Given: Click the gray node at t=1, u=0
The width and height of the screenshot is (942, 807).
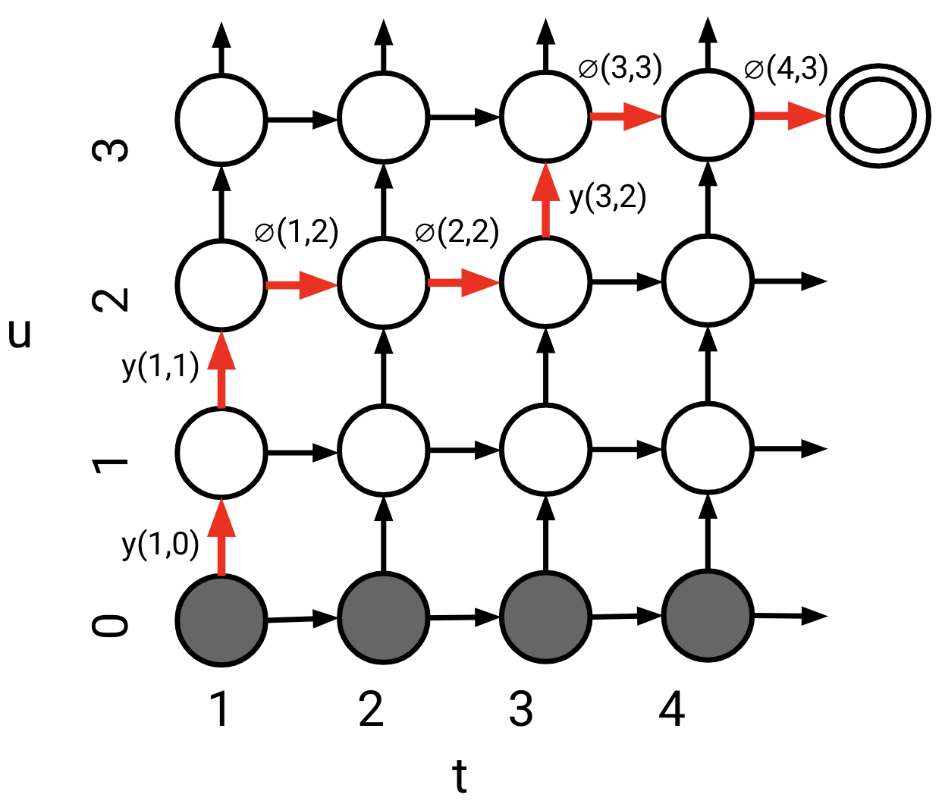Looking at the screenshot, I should [221, 619].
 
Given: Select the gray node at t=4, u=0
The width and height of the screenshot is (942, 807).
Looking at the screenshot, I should [708, 616].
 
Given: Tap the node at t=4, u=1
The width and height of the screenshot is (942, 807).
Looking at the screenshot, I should [708, 450].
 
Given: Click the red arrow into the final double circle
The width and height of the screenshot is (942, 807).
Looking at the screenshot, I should [789, 116].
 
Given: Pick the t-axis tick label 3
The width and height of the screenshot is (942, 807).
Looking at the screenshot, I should [521, 710].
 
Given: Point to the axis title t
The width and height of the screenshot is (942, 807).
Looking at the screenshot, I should [459, 777].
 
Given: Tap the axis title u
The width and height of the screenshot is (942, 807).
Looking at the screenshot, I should [20, 334].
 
